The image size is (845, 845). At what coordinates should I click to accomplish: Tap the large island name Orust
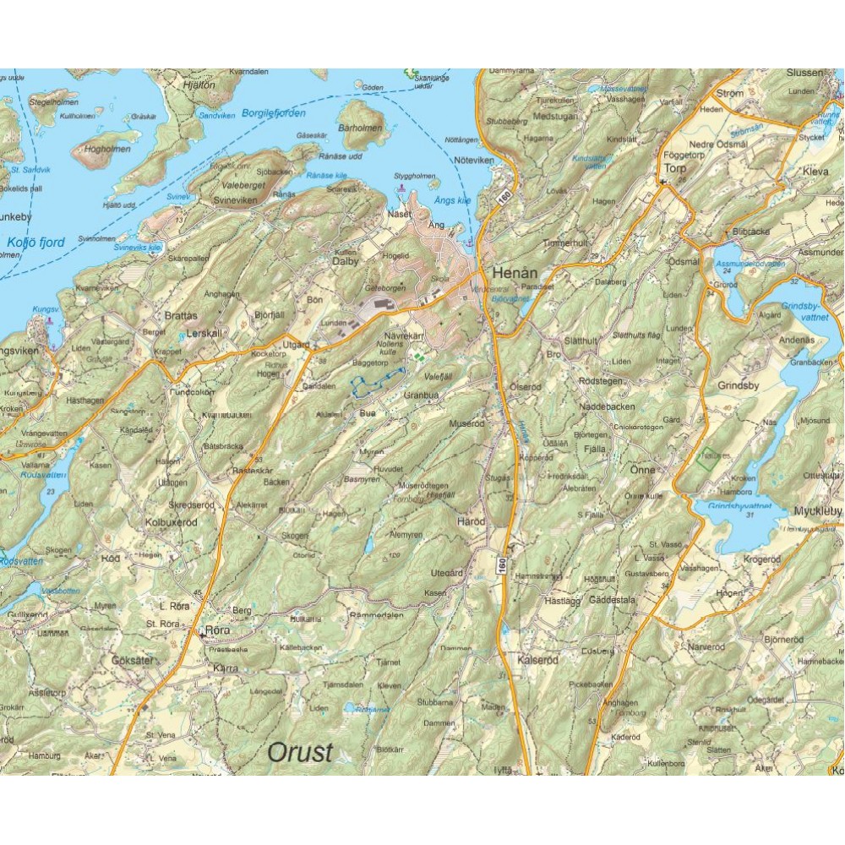[x=300, y=751]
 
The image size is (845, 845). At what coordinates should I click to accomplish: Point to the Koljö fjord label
[x=35, y=243]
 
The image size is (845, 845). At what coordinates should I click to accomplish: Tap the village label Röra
[x=217, y=630]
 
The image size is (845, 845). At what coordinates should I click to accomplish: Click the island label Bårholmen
[x=360, y=128]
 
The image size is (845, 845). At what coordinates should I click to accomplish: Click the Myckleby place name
[x=818, y=511]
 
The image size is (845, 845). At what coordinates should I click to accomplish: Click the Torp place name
[x=674, y=168]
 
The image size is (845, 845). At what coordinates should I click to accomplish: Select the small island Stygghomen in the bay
[x=415, y=177]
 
